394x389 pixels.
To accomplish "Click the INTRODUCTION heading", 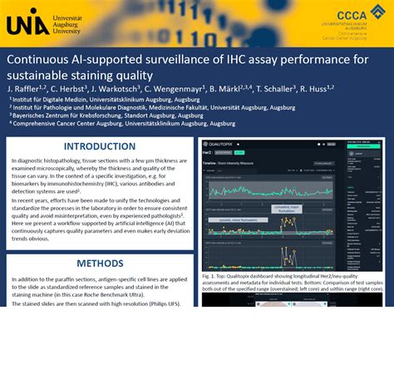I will (100, 146).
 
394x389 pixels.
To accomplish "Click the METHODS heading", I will (100, 263).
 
